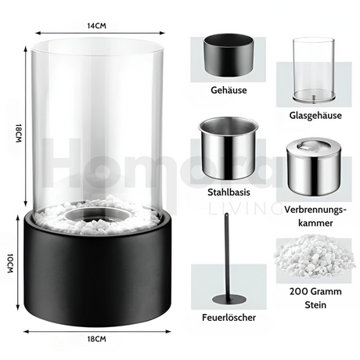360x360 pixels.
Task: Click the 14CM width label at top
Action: pos(96,26)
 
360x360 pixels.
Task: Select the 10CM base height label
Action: pos(10,263)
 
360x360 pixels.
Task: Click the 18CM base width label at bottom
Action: pos(96,339)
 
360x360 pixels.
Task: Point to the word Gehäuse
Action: pos(229,90)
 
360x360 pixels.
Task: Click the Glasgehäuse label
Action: pos(315,115)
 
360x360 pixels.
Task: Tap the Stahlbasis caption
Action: pos(229,193)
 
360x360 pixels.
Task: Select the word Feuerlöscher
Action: pos(229,318)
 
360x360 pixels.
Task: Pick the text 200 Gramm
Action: pos(315,291)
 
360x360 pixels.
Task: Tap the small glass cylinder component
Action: pos(313,70)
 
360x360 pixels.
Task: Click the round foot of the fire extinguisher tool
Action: pos(229,300)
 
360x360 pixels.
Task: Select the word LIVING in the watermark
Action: pos(246,208)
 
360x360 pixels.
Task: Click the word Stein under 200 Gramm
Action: pos(315,304)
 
